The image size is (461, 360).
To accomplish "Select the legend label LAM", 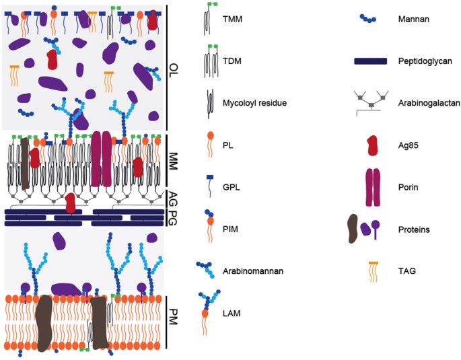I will [232, 313].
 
